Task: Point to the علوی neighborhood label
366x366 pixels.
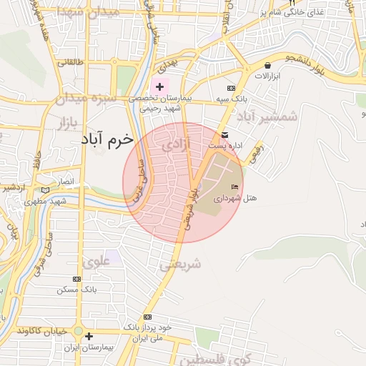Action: click(x=97, y=262)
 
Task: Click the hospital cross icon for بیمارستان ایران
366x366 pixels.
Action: click(x=89, y=335)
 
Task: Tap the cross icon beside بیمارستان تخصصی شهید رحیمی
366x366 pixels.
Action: click(x=159, y=86)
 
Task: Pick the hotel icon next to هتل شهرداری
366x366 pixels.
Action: click(x=236, y=187)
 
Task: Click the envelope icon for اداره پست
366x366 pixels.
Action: click(x=225, y=135)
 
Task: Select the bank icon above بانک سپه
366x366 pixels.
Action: click(x=230, y=87)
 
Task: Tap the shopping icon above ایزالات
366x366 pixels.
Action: click(x=267, y=65)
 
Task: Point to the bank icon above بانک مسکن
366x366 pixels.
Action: click(x=78, y=280)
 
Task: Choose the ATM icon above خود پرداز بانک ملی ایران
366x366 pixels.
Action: click(x=147, y=317)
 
